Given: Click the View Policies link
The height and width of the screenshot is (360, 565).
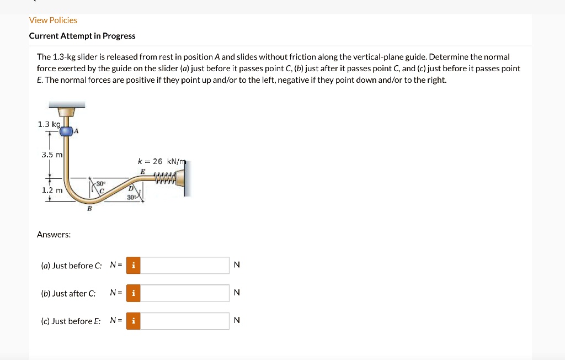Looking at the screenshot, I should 53,20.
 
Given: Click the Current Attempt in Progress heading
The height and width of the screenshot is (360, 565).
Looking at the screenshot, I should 82,36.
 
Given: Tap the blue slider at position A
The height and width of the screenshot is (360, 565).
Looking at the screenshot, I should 66,131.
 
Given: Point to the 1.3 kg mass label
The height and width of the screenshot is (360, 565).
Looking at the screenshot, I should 49,124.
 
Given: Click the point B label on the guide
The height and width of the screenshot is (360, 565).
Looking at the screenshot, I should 89,209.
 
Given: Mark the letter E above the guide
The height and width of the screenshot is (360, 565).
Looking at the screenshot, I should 143,172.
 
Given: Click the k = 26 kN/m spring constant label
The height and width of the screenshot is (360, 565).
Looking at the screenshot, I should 162,161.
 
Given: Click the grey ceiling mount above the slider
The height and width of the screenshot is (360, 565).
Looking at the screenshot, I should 67,105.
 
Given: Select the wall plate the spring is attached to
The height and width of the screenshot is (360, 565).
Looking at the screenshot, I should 187,179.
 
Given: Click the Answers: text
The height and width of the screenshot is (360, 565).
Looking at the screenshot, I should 54,235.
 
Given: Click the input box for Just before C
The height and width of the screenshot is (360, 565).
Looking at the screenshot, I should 184,266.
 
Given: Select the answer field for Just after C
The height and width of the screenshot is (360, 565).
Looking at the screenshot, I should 184,293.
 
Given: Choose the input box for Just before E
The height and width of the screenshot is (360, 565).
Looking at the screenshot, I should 184,321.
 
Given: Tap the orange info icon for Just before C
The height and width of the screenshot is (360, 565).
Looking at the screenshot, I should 133,266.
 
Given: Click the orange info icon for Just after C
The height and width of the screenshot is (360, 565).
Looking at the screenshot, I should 133,293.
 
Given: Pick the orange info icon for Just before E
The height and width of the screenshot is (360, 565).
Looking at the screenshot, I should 133,321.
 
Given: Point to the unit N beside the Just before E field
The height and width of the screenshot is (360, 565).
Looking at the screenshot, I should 237,321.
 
